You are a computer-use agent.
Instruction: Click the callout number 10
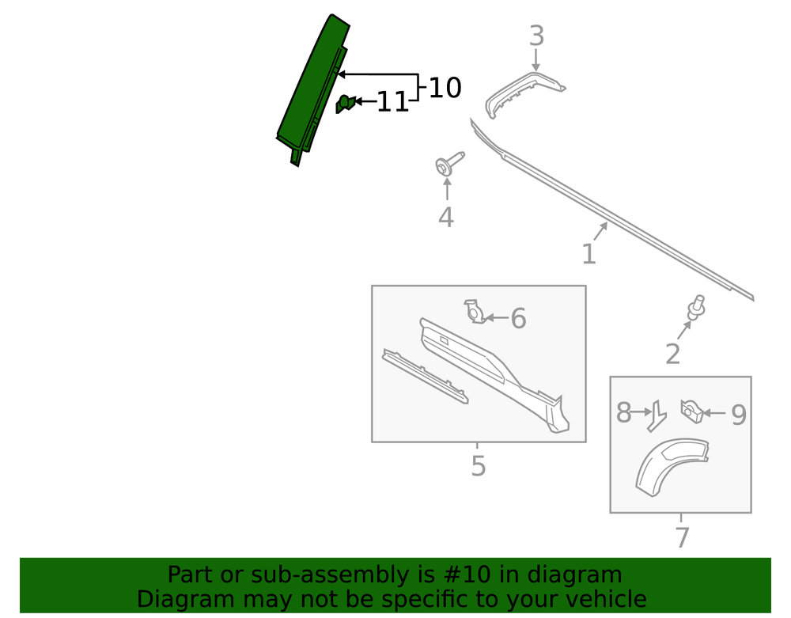[445, 88]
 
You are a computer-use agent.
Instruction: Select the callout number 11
[392, 102]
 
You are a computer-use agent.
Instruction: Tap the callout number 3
[537, 36]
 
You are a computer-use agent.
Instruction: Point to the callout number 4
[446, 218]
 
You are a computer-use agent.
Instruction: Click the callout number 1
[589, 254]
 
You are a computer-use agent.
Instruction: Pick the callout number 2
[672, 354]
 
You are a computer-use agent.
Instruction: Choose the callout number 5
[479, 465]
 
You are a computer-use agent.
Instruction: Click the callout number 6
[518, 318]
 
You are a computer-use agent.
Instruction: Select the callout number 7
[682, 537]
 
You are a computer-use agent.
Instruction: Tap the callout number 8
[623, 413]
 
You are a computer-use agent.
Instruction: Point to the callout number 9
[739, 415]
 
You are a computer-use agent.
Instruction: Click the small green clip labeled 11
[345, 104]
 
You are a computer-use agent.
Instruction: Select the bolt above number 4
[448, 164]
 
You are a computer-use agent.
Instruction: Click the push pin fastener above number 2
[696, 308]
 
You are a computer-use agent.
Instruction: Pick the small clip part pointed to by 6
[475, 312]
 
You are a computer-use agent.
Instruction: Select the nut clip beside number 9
[692, 411]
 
